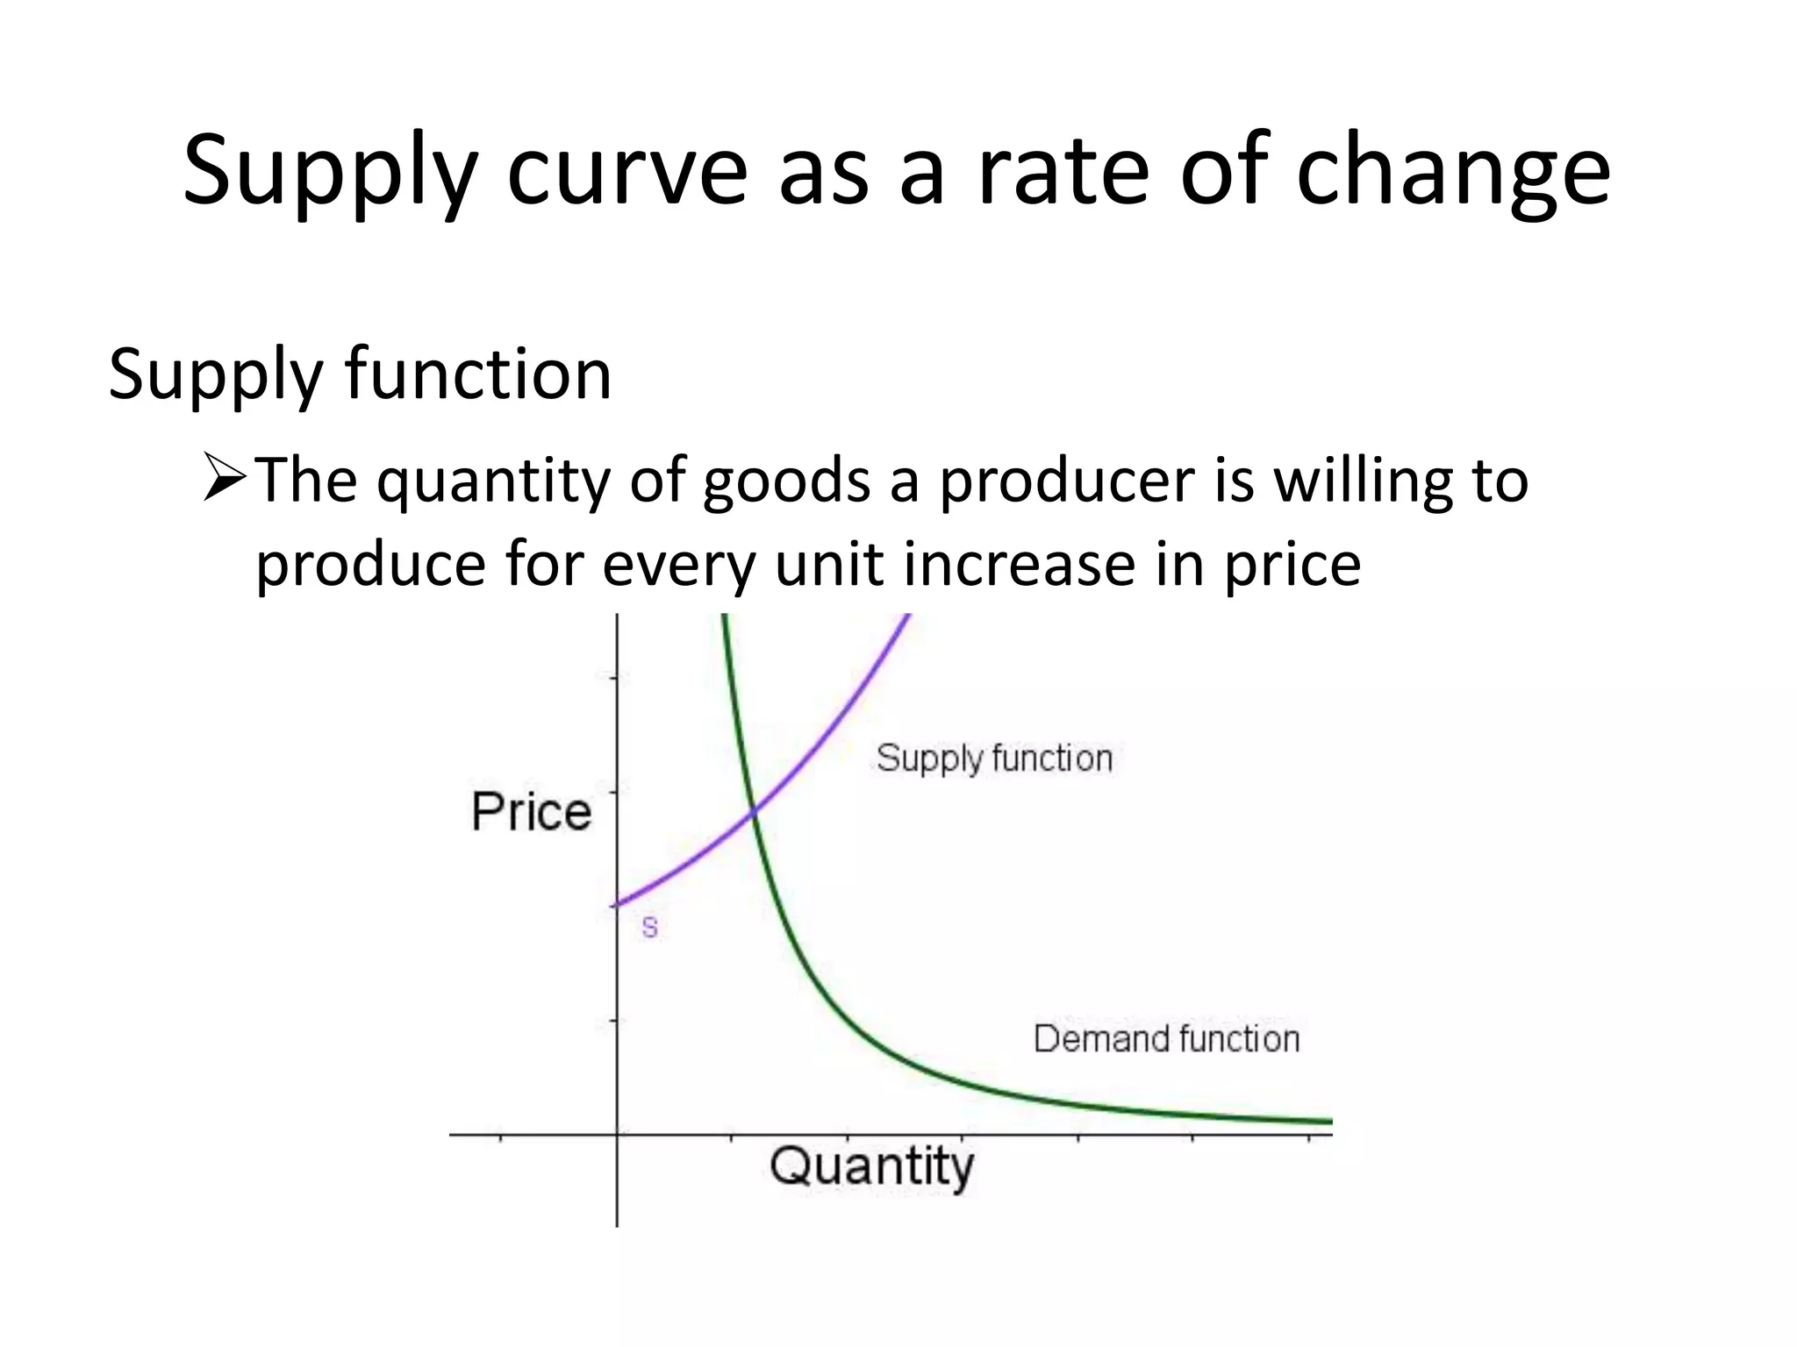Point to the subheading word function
478,374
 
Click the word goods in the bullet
786,482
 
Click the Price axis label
532,811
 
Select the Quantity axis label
872,1167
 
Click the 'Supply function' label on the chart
994,759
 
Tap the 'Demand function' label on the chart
1166,1039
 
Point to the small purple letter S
649,927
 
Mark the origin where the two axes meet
618,1135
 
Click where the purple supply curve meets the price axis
619,904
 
